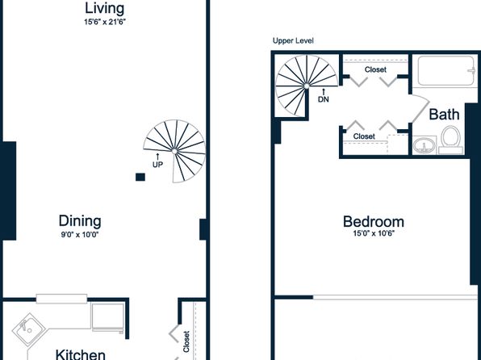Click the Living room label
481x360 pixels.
(104, 9)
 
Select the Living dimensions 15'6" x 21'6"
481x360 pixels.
(105, 22)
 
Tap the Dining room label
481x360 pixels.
(80, 221)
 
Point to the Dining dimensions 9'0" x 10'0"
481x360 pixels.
(80, 235)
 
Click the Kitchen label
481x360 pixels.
(81, 354)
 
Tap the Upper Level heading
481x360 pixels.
(293, 41)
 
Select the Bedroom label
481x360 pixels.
(374, 222)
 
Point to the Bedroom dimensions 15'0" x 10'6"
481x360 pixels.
(374, 233)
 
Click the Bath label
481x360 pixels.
(444, 115)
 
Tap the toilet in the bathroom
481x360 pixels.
(450, 140)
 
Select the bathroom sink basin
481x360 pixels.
(424, 145)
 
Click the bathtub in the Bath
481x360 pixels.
(445, 70)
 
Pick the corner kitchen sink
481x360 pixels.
(29, 329)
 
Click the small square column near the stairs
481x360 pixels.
(140, 177)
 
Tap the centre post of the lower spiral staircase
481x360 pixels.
(174, 151)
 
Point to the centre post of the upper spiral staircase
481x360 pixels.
(306, 86)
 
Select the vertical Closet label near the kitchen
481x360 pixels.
(186, 341)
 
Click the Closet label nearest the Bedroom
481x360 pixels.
(364, 136)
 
